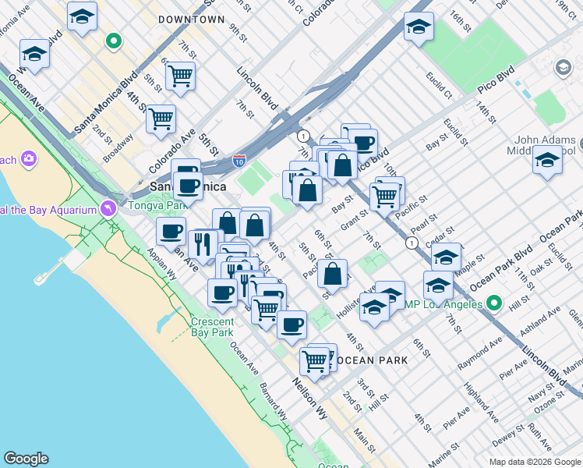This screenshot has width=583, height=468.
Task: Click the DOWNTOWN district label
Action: [x=191, y=19]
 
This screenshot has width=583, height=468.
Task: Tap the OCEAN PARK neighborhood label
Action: [x=369, y=360]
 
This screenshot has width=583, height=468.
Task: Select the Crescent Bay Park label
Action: [x=212, y=327]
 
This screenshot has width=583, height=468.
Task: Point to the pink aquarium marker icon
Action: [x=108, y=208]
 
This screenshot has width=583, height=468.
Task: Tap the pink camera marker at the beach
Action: [x=29, y=160]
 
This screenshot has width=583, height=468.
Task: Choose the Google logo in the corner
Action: [x=26, y=459]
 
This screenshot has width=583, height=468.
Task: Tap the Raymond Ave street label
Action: [x=479, y=348]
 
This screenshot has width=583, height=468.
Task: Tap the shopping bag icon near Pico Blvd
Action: [x=342, y=165]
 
